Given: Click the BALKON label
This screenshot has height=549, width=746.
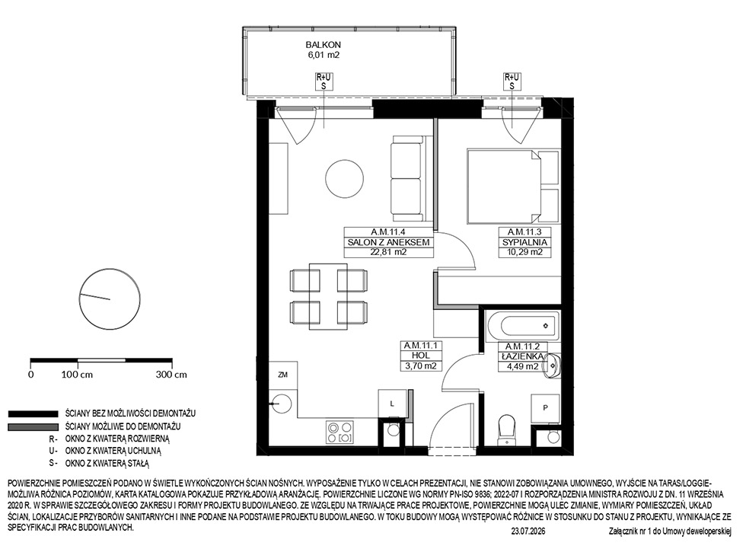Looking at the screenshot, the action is [323, 45].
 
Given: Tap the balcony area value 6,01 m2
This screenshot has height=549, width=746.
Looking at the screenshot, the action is [323, 55].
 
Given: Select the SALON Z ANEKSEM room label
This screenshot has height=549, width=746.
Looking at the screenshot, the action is [389, 242].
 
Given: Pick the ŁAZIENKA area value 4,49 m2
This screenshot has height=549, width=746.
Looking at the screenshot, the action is [519, 366].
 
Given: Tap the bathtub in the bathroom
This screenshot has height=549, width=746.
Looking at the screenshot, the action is [522, 326].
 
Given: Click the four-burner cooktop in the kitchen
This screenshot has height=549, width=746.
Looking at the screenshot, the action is [340, 432].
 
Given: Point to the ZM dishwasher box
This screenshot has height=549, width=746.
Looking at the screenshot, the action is [283, 375].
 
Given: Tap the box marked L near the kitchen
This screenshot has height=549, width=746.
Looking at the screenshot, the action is [393, 404].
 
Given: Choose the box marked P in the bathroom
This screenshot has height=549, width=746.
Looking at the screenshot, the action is [545, 408].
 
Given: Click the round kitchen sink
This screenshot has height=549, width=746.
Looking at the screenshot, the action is [282, 404].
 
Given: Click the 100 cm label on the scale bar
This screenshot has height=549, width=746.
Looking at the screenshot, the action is [77, 375].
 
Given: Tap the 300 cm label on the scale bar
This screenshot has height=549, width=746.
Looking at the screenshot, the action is [171, 375].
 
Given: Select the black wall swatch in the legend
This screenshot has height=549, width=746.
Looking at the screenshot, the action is [32, 414].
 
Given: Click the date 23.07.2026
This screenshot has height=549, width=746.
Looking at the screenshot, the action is [528, 531].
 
